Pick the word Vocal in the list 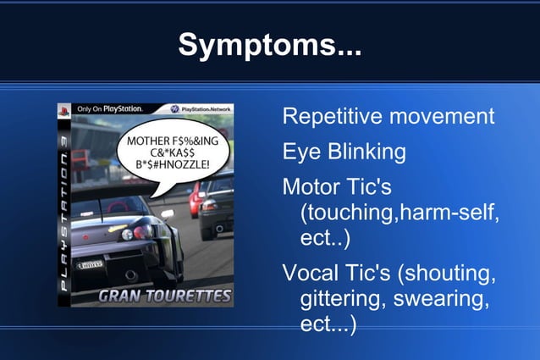[x=309, y=274]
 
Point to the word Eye [x=300, y=152]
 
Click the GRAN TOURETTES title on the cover [x=164, y=296]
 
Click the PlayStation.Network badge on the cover [x=199, y=109]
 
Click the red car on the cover [x=196, y=197]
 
